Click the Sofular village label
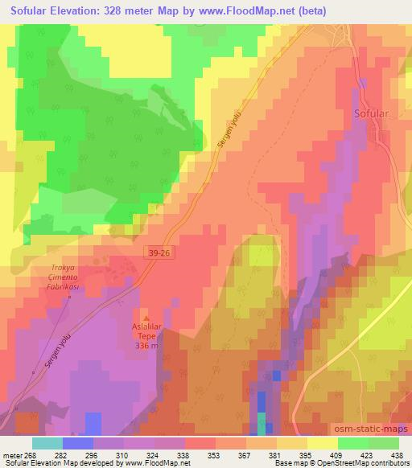372,113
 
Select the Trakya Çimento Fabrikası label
70,278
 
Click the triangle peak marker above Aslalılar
146,319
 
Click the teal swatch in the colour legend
47,443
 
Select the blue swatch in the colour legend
78,443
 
